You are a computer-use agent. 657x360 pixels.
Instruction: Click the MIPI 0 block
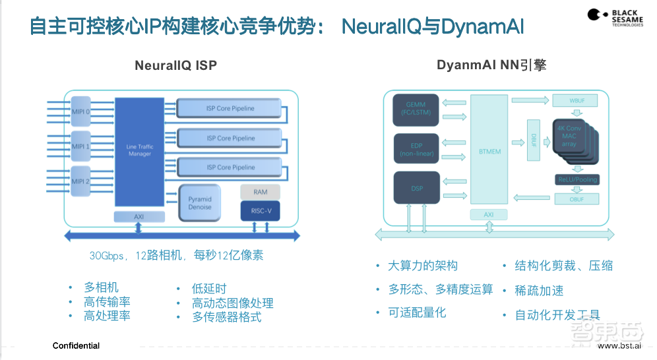[x=80, y=111]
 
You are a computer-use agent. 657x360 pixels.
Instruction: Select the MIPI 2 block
[x=80, y=181]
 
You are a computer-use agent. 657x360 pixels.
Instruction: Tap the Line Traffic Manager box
[x=139, y=151]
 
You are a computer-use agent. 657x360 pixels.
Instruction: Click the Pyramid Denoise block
[x=200, y=202]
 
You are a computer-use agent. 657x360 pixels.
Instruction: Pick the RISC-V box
[x=260, y=211]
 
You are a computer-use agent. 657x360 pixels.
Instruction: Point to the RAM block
[x=260, y=192]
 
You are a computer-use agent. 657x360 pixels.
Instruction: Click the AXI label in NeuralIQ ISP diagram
[x=139, y=216]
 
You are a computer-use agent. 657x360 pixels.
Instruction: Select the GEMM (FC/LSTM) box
[x=416, y=108]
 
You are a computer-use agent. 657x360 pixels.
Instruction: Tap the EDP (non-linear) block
[x=416, y=149]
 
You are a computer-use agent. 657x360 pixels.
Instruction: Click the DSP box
[x=417, y=188]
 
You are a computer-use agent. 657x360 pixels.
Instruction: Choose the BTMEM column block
[x=489, y=150]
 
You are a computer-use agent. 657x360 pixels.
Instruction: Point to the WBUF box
[x=576, y=100]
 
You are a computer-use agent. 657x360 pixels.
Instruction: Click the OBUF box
[x=576, y=198]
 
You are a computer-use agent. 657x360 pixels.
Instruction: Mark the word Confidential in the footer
[x=76, y=346]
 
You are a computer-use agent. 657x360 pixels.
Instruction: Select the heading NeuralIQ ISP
[x=175, y=65]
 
